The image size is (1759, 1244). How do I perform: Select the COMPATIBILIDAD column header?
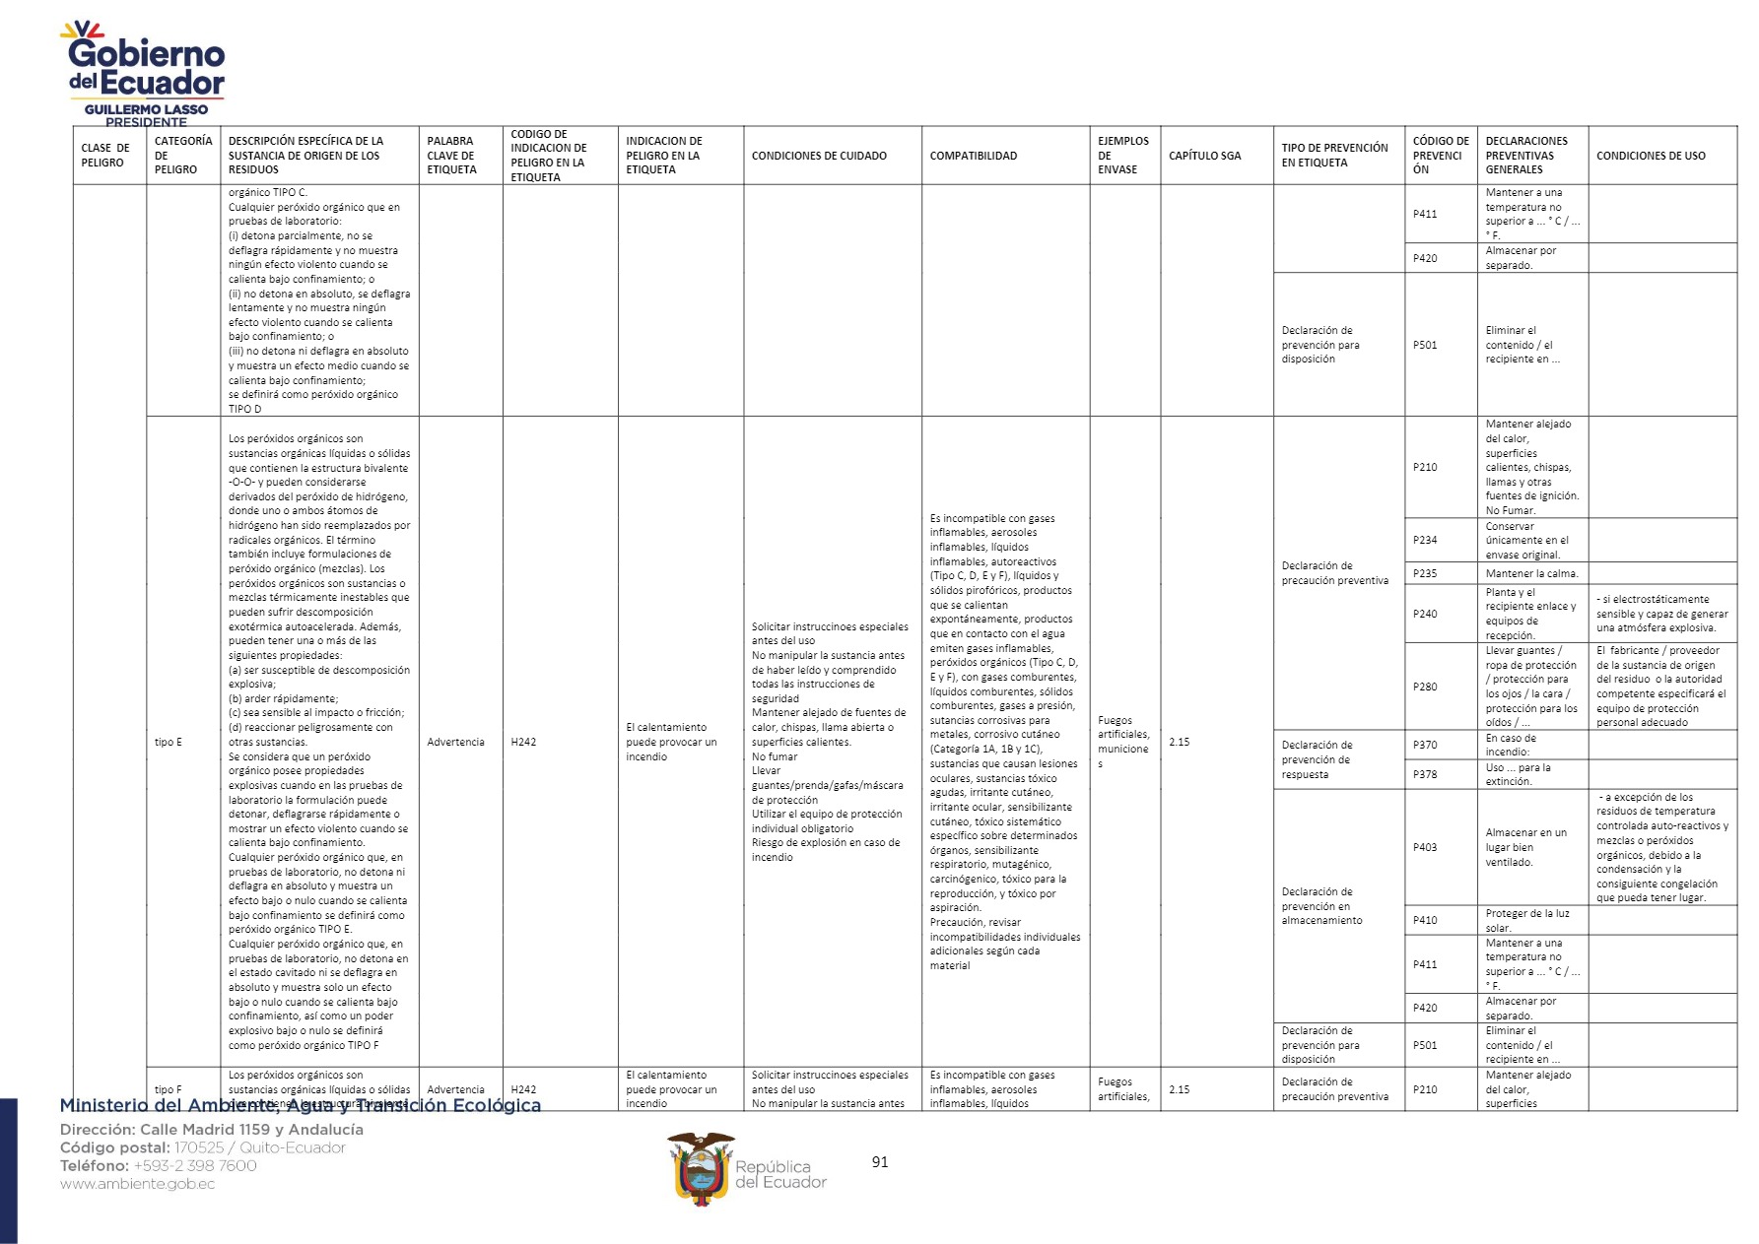(973, 156)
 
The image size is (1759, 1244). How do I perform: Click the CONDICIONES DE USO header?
(1651, 156)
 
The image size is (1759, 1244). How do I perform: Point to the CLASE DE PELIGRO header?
(104, 156)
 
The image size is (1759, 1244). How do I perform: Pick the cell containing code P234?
(1425, 540)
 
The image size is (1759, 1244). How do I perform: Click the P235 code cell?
(1425, 573)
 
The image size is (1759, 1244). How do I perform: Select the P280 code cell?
(1425, 687)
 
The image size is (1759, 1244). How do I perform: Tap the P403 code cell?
(1425, 847)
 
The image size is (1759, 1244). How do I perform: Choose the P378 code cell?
(1425, 774)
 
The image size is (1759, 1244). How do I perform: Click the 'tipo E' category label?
(169, 742)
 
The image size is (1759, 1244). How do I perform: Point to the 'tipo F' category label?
(169, 1089)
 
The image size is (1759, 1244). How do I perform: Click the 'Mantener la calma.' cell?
(1531, 573)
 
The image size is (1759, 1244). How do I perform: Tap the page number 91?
(880, 1162)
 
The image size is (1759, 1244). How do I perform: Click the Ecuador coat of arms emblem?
(701, 1168)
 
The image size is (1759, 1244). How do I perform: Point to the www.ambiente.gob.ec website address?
(137, 1184)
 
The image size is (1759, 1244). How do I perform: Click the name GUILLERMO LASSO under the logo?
(146, 109)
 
